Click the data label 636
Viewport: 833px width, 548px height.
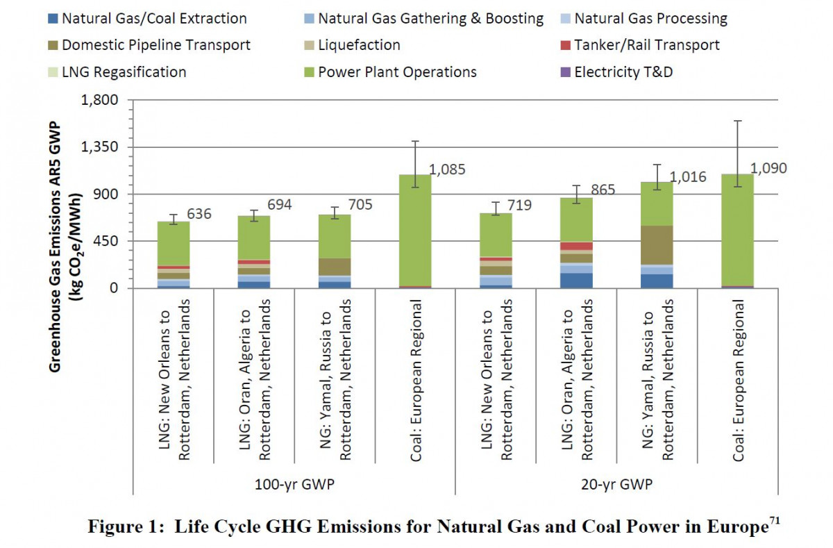point(199,214)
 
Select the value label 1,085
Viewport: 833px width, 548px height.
point(446,169)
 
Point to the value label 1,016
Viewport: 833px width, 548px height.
point(687,177)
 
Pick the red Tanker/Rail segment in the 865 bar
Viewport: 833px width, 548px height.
point(576,246)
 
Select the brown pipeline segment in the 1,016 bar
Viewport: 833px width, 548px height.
point(657,244)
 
